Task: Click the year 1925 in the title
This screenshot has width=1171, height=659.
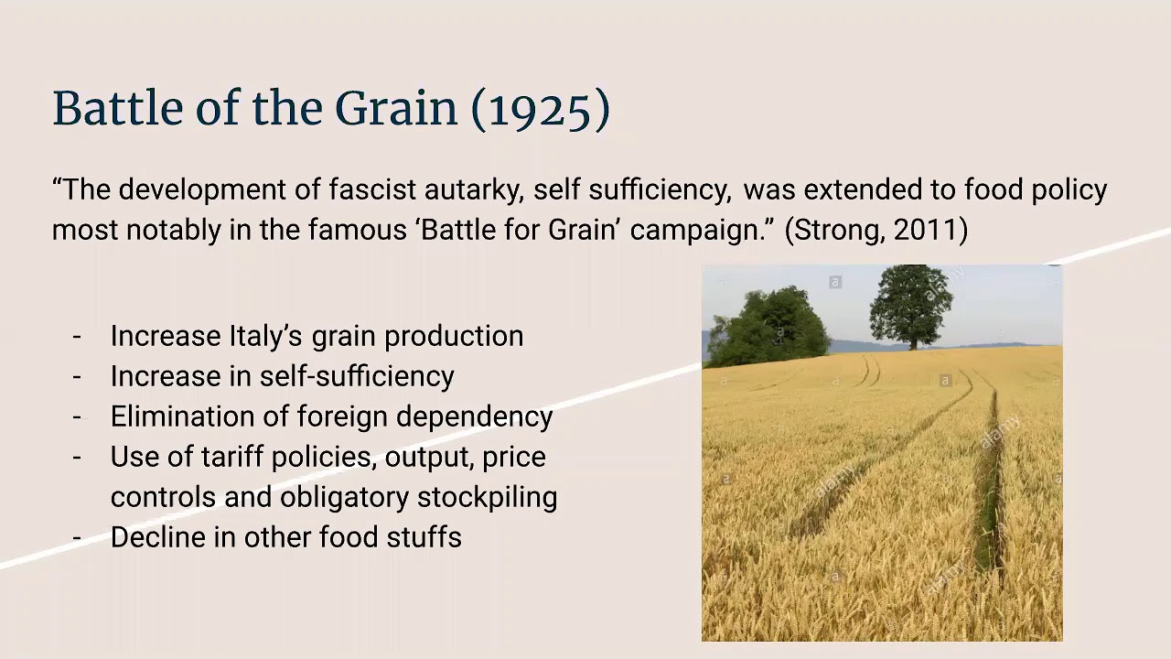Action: [541, 109]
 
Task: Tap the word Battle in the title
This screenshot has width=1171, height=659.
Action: [118, 108]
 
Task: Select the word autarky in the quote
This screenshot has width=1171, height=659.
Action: [474, 189]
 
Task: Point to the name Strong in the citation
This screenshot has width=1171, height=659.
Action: [840, 230]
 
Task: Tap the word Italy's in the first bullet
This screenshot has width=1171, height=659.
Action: [265, 336]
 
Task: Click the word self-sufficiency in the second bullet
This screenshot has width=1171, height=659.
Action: [357, 376]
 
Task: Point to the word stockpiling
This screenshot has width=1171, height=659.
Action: [487, 497]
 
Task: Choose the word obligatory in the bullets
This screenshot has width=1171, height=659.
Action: [344, 497]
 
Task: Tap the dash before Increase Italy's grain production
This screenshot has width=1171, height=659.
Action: [77, 336]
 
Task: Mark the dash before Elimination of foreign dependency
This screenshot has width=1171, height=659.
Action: [77, 416]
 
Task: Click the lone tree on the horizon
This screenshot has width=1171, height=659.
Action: [910, 306]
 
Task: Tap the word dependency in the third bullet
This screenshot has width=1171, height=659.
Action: [474, 416]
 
